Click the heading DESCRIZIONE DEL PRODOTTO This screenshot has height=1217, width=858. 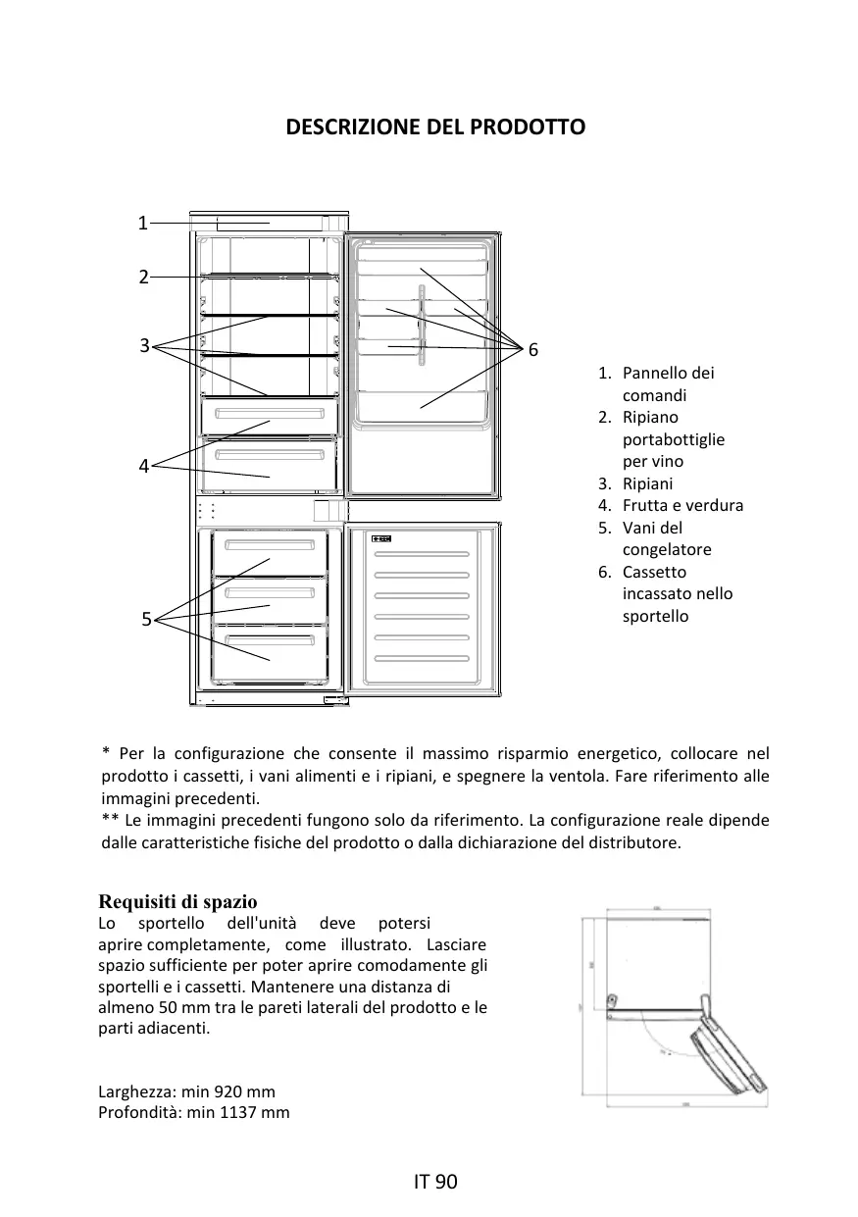pos(434,127)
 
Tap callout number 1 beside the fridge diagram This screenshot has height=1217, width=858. pos(142,224)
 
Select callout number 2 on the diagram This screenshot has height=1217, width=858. pos(143,278)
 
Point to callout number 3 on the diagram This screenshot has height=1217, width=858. pos(144,345)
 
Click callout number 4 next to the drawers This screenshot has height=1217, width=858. pos(143,467)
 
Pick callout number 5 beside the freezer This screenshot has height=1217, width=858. pos(146,619)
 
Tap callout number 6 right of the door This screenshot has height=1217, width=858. pos(533,350)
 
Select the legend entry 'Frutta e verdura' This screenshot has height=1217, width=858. pos(682,506)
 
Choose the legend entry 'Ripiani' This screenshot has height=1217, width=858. pos(647,483)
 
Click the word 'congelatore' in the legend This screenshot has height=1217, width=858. pos(667,550)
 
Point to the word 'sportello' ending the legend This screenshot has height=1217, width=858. pos(655,617)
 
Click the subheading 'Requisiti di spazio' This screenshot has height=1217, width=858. pos(177,901)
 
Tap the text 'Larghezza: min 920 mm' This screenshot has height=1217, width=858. pos(186,1091)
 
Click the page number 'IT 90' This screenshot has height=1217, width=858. pos(435,1182)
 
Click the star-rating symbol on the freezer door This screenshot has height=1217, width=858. pos(382,539)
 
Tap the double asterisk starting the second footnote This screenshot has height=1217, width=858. pos(110,820)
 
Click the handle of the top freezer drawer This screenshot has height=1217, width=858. pos(269,545)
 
